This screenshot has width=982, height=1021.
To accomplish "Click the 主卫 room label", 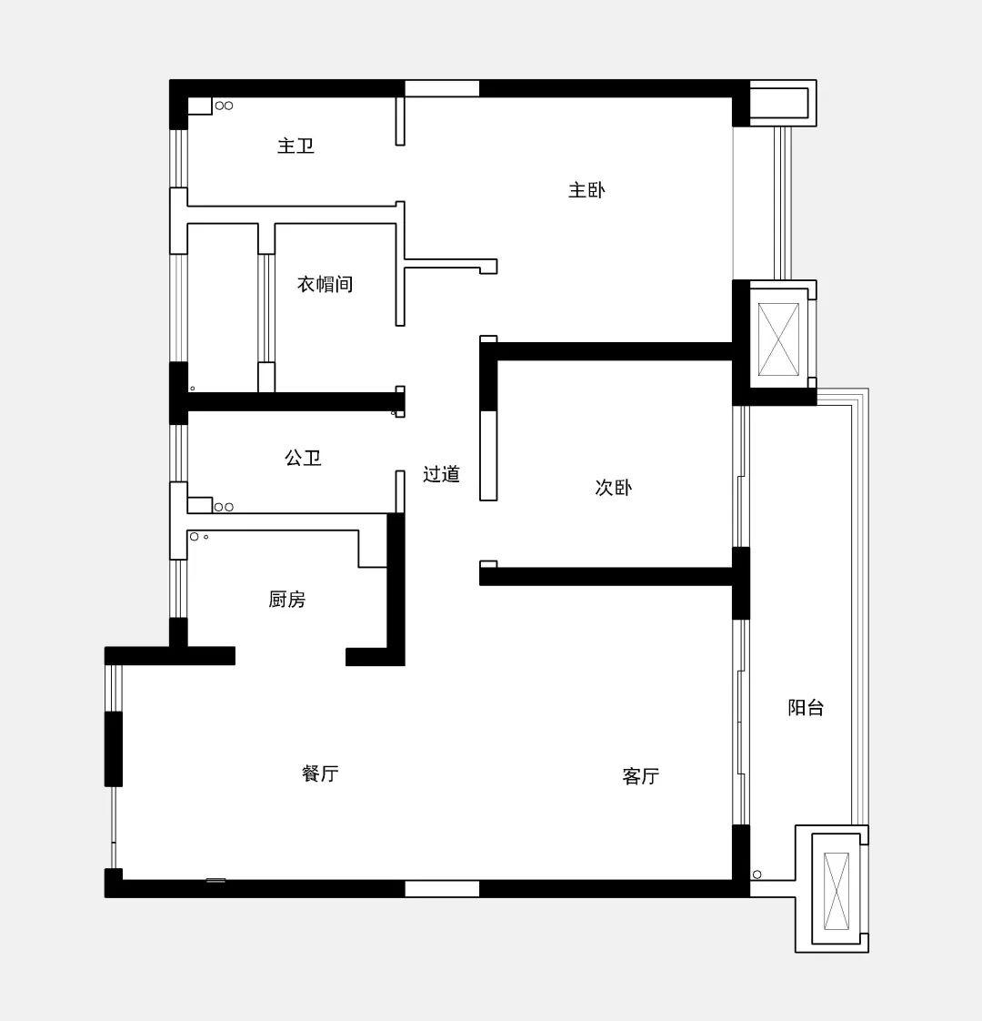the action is click(x=296, y=146).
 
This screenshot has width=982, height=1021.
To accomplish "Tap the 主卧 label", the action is click(x=586, y=189).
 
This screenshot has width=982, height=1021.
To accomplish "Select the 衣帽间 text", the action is click(x=325, y=284).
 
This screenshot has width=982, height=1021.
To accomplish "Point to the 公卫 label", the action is click(x=303, y=458).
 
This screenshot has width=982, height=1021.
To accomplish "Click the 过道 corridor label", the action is click(x=441, y=474).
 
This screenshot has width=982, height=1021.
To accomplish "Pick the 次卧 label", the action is click(x=613, y=487).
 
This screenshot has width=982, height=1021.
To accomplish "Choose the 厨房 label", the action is click(x=287, y=599).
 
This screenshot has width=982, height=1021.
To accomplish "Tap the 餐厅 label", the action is click(x=320, y=773).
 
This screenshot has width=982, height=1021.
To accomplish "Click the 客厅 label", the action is click(x=640, y=775).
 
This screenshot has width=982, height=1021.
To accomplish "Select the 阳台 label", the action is click(x=806, y=707).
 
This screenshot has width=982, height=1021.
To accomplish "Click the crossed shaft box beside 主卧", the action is click(x=779, y=339).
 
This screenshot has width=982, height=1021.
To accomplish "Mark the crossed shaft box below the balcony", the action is click(x=837, y=891).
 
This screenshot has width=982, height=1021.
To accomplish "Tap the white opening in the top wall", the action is click(x=442, y=88).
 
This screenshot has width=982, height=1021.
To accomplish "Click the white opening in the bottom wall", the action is click(x=442, y=888).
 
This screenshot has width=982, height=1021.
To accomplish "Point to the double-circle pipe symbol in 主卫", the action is click(x=224, y=106).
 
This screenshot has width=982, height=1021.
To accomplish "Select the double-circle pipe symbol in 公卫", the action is click(x=224, y=507).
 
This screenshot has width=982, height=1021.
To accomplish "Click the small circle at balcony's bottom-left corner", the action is click(x=757, y=874).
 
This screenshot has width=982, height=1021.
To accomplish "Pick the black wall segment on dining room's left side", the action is click(x=114, y=749).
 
